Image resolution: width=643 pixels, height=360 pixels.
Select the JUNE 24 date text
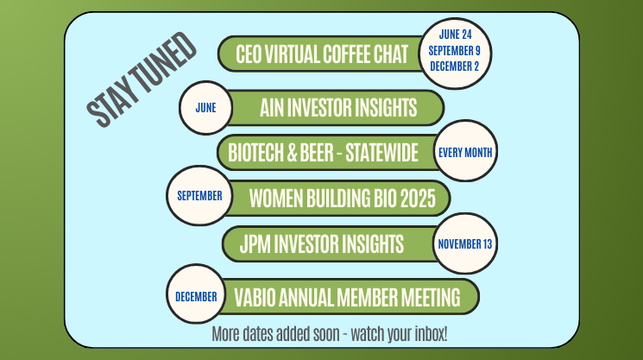[455, 35]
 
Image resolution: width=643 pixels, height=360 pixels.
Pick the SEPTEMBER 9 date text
[454, 50]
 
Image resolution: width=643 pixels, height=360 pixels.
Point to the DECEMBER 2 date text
[454, 66]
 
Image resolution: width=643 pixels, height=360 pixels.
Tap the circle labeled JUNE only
[206, 108]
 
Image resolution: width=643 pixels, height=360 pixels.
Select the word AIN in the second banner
[272, 107]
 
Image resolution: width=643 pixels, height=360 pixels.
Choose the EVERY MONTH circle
[465, 151]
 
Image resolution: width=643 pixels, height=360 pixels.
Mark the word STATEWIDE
[381, 153]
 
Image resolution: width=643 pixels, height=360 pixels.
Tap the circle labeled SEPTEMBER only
[199, 196]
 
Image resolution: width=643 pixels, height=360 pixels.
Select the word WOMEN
[275, 199]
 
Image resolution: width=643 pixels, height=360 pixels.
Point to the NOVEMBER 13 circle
[465, 243]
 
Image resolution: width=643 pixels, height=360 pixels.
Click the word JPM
[255, 243]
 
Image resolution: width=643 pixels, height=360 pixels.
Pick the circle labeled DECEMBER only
[196, 294]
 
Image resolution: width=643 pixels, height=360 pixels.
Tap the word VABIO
[255, 297]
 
